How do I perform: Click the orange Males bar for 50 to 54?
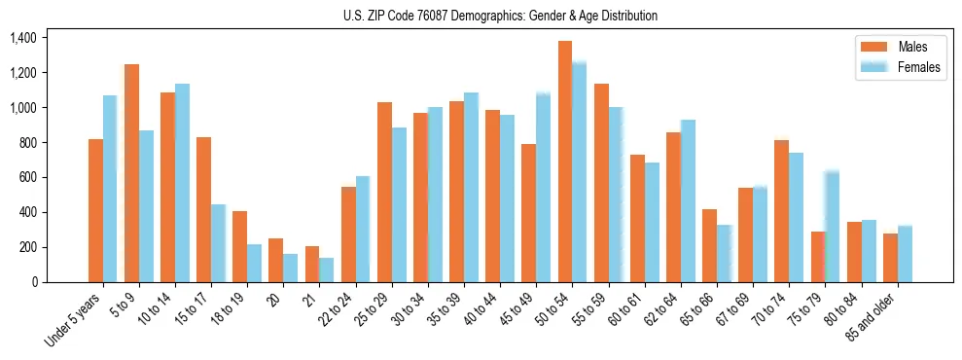(x=565, y=162)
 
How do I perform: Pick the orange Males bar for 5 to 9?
(x=131, y=173)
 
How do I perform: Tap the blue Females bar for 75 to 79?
(x=833, y=227)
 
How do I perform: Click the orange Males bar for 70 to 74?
(x=782, y=211)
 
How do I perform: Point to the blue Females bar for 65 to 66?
(x=725, y=254)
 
